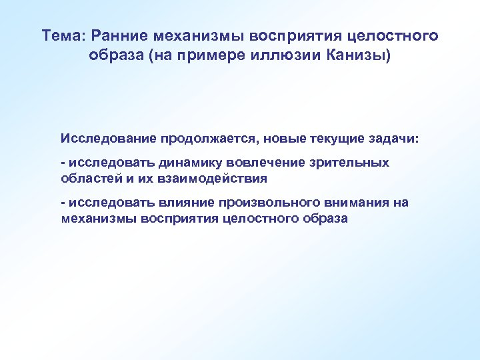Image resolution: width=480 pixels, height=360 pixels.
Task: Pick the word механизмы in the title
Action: coord(190,35)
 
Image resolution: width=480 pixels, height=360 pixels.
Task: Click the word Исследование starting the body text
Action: coord(107,139)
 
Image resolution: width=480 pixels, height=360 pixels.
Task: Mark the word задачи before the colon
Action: coord(396,139)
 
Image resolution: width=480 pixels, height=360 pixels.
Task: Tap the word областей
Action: coord(87,178)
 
